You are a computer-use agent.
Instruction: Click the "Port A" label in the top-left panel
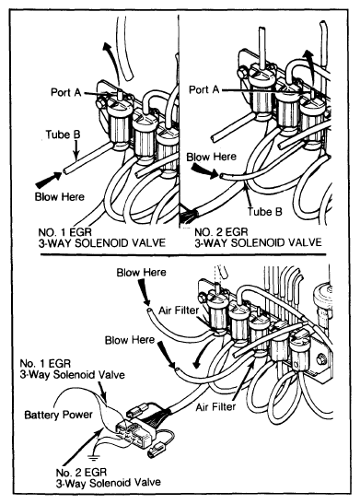(x=66, y=92)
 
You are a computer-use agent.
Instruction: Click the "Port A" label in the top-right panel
(x=203, y=89)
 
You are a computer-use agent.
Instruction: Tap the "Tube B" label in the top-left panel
(x=63, y=135)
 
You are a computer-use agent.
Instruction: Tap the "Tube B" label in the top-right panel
(x=264, y=212)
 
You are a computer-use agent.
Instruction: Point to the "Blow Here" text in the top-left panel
(x=60, y=196)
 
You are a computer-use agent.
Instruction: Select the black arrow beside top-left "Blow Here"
(x=49, y=180)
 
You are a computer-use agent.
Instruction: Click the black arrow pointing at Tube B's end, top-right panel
(x=205, y=171)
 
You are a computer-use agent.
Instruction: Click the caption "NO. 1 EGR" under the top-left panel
(x=64, y=232)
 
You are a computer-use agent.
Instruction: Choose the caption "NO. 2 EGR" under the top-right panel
(x=221, y=232)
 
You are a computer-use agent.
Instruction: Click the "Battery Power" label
(x=58, y=415)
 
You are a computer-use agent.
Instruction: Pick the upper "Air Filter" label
(x=179, y=311)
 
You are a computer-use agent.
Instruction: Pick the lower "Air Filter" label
(x=215, y=407)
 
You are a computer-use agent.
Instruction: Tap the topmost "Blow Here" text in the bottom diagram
(x=141, y=273)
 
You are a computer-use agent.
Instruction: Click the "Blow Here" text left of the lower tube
(x=130, y=340)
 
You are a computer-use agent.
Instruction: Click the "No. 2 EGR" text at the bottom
(x=81, y=472)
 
